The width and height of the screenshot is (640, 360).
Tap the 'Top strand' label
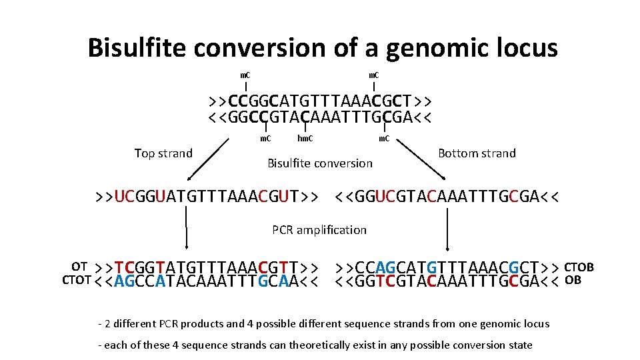click(163, 153)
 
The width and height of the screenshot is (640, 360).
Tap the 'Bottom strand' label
click(477, 153)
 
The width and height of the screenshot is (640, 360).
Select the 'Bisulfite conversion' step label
click(320, 163)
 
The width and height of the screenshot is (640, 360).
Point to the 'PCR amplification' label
click(319, 230)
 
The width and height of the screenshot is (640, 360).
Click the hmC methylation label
click(306, 139)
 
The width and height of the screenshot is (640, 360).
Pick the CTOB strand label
click(579, 267)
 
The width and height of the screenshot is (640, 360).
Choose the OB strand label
click(573, 279)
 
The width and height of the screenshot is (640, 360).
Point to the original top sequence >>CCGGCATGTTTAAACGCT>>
click(320, 101)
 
